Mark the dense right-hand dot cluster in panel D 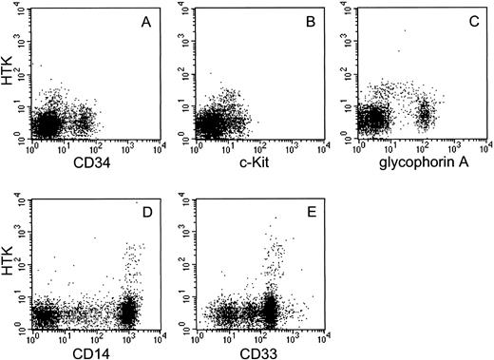click(x=129, y=310)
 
